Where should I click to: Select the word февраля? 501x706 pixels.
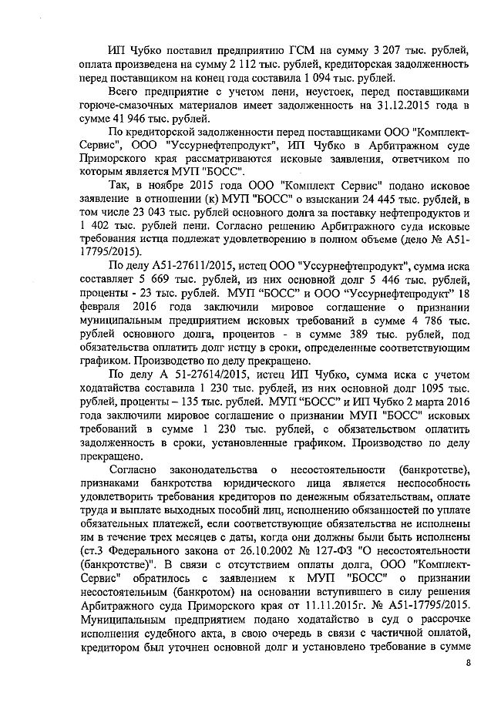pyautogui.click(x=98, y=309)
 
